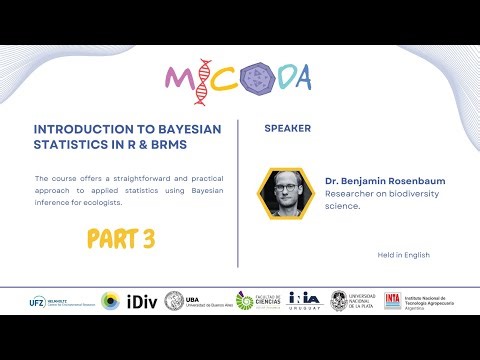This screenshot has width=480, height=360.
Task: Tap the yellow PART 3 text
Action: tap(120, 240)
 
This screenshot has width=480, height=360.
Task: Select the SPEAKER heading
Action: tap(288, 129)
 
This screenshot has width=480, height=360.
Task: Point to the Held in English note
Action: tap(403, 255)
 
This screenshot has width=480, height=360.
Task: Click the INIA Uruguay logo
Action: tap(304, 301)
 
